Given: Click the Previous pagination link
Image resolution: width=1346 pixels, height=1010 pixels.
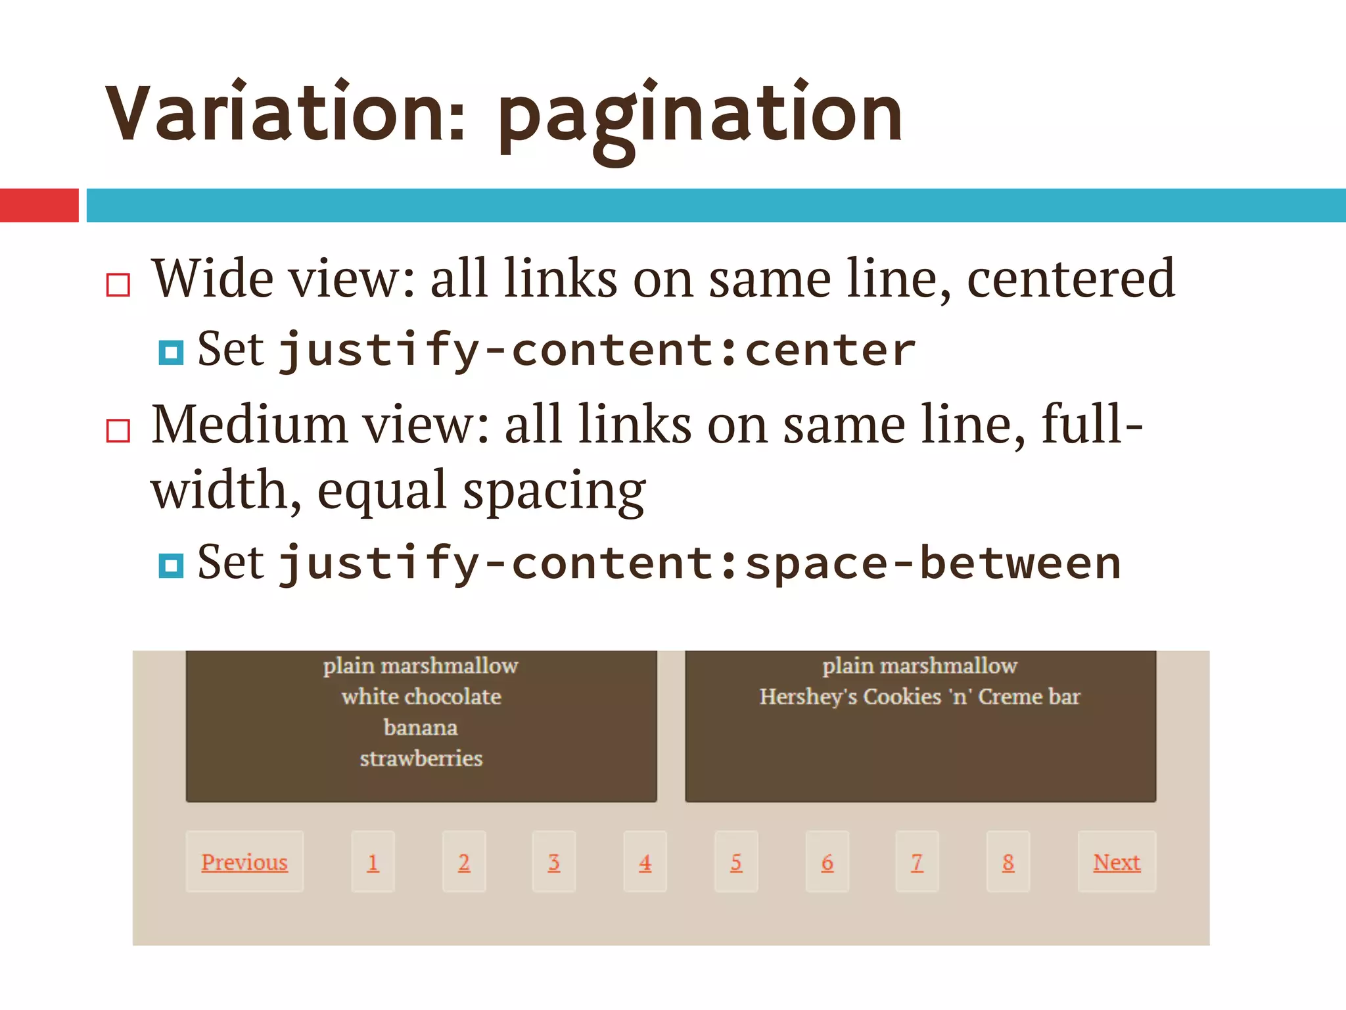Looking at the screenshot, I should (244, 862).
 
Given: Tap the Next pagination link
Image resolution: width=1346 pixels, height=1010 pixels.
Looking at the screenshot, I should (1117, 862).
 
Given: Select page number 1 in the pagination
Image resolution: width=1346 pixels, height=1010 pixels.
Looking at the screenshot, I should (373, 862).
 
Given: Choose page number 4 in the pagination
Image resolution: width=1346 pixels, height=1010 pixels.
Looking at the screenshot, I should (645, 862).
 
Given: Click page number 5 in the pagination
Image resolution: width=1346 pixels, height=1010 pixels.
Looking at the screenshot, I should (736, 862).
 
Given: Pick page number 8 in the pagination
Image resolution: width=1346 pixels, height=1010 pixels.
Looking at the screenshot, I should (1008, 862).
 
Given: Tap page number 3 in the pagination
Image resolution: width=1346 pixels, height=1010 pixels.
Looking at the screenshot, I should (554, 862).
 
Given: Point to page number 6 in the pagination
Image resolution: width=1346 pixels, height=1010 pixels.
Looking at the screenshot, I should (827, 862).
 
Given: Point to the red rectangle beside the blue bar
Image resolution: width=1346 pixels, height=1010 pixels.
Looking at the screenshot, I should (39, 205).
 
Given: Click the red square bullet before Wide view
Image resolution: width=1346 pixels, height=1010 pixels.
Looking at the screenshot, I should (118, 285).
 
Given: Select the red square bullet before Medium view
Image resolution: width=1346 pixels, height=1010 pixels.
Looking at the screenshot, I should (118, 431).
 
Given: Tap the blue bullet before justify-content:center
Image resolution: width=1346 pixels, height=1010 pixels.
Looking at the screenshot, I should (171, 352).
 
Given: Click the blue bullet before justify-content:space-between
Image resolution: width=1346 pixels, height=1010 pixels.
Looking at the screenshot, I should (171, 565).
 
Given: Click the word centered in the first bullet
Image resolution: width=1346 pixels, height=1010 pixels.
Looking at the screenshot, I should (1071, 279).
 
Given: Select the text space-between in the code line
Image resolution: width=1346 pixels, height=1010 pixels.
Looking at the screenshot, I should (933, 564).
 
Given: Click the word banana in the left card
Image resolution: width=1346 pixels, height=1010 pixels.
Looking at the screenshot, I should (421, 727).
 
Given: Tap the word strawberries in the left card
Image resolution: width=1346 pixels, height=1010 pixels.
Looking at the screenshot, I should (421, 758).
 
